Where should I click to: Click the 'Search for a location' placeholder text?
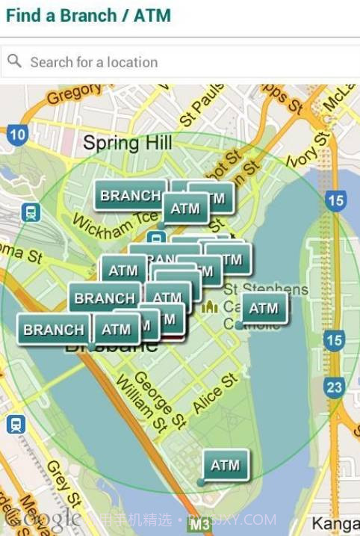pyautogui.click(x=93, y=62)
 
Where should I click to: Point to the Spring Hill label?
pyautogui.click(x=127, y=143)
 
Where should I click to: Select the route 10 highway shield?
pyautogui.click(x=18, y=135)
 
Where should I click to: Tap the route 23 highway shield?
pyautogui.click(x=334, y=387)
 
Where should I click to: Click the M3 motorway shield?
pyautogui.click(x=199, y=525)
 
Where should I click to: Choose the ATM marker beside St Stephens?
pyautogui.click(x=263, y=307)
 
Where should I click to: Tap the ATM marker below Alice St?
pyautogui.click(x=225, y=465)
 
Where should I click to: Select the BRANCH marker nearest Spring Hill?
pyautogui.click(x=130, y=195)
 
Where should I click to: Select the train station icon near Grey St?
pyautogui.click(x=15, y=425)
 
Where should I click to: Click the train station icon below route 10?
pyautogui.click(x=31, y=212)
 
